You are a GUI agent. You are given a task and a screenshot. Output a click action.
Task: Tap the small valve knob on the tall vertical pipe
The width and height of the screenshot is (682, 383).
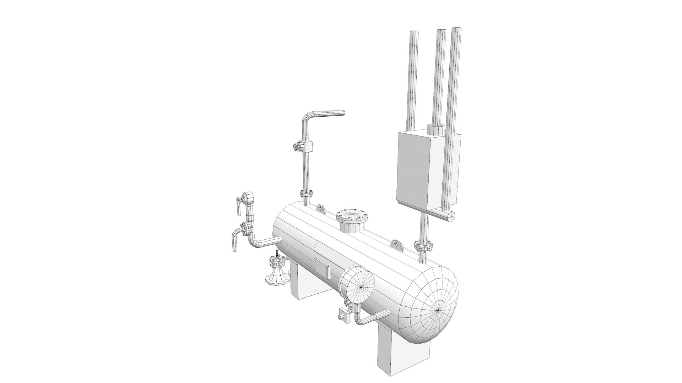(296, 146)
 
